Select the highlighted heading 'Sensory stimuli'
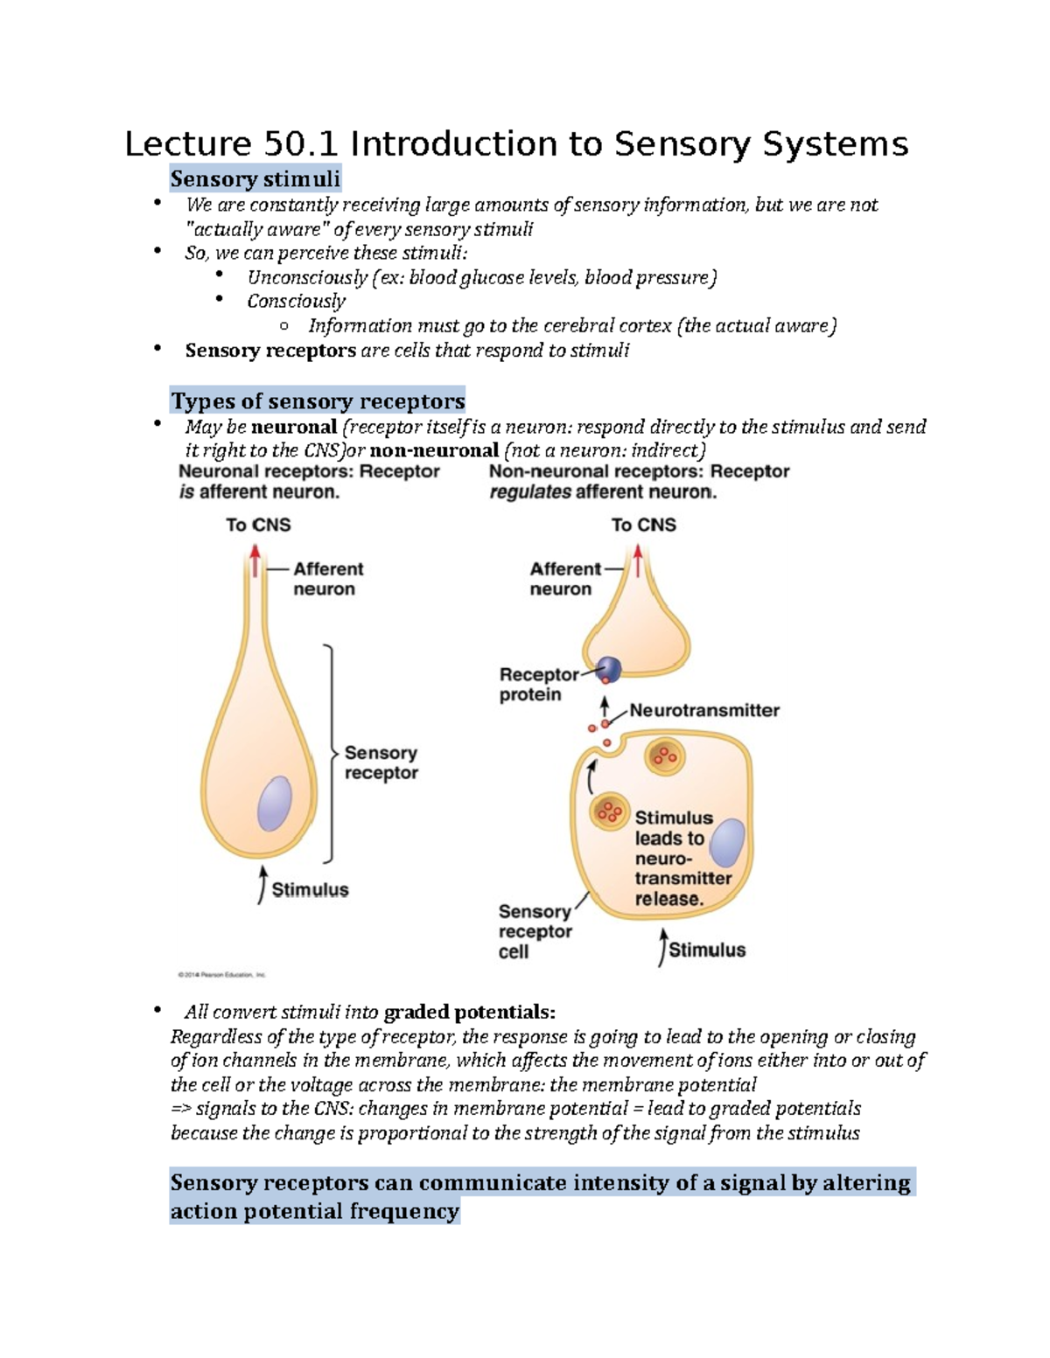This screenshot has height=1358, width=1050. tap(255, 179)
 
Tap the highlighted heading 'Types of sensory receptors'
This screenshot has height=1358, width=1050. tap(318, 401)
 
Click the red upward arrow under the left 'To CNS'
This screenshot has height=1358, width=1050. tap(255, 561)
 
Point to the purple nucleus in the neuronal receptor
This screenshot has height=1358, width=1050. tap(274, 803)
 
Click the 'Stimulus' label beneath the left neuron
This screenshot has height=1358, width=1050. tap(310, 890)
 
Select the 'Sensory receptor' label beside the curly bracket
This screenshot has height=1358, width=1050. tap(381, 763)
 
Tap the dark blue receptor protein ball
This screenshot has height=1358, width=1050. tap(609, 670)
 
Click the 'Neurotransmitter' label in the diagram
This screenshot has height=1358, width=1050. tap(704, 710)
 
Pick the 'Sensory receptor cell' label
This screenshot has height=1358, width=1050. tap(535, 931)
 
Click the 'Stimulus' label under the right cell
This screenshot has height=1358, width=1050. tap(707, 950)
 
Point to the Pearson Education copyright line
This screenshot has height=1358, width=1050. tap(221, 974)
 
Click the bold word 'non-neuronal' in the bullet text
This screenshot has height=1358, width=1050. tap(434, 451)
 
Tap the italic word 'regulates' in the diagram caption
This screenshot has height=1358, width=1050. tap(530, 492)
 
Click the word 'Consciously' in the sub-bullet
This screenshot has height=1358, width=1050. tap(296, 302)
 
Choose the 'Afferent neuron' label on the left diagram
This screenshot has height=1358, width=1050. tap(327, 579)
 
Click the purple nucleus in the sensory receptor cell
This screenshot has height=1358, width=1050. tap(727, 843)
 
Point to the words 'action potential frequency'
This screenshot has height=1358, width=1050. tap(314, 1212)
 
